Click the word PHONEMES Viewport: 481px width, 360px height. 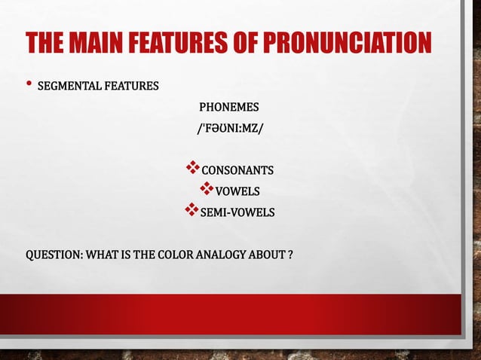point(228,106)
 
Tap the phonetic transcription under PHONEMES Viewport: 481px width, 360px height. point(230,128)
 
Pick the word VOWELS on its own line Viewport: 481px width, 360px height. point(237,191)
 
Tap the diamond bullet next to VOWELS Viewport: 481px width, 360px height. point(206,188)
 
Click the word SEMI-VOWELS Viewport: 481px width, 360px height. point(237,212)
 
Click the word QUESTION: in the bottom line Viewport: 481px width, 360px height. point(54,255)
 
